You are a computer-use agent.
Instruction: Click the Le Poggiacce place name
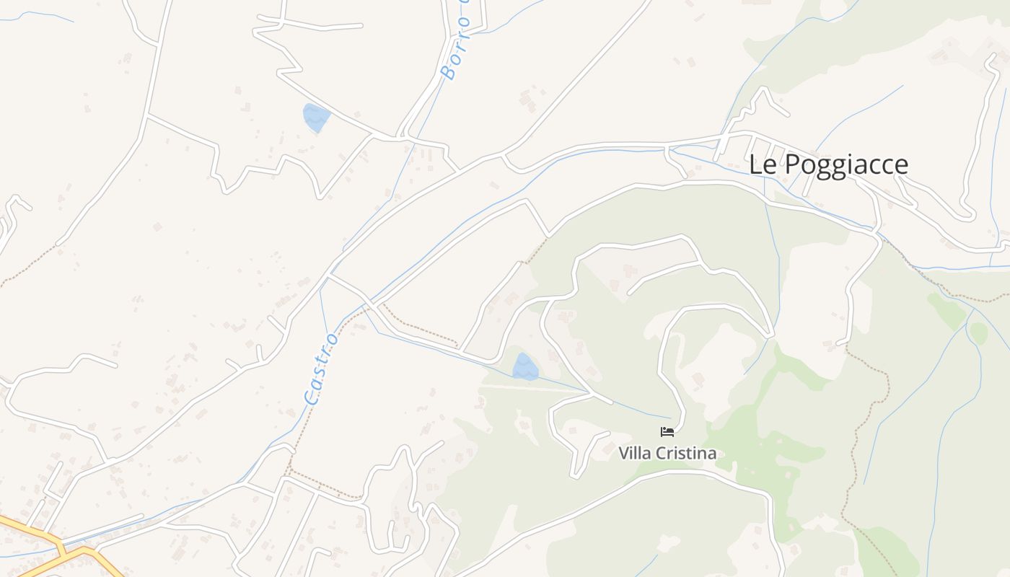(828, 164)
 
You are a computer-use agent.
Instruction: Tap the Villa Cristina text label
(667, 454)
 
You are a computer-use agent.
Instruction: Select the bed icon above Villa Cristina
(667, 432)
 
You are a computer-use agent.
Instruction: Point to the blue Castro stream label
(321, 368)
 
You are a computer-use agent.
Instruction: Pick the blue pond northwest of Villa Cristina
(525, 367)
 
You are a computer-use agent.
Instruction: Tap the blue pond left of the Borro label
(316, 118)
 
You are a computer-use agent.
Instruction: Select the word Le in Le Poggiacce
(763, 164)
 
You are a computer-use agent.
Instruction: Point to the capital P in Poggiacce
(791, 164)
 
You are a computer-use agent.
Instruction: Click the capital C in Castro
(312, 397)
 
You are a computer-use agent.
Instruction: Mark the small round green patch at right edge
(978, 332)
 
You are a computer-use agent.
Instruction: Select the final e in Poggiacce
(900, 165)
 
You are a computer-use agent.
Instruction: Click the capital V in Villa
(624, 454)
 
